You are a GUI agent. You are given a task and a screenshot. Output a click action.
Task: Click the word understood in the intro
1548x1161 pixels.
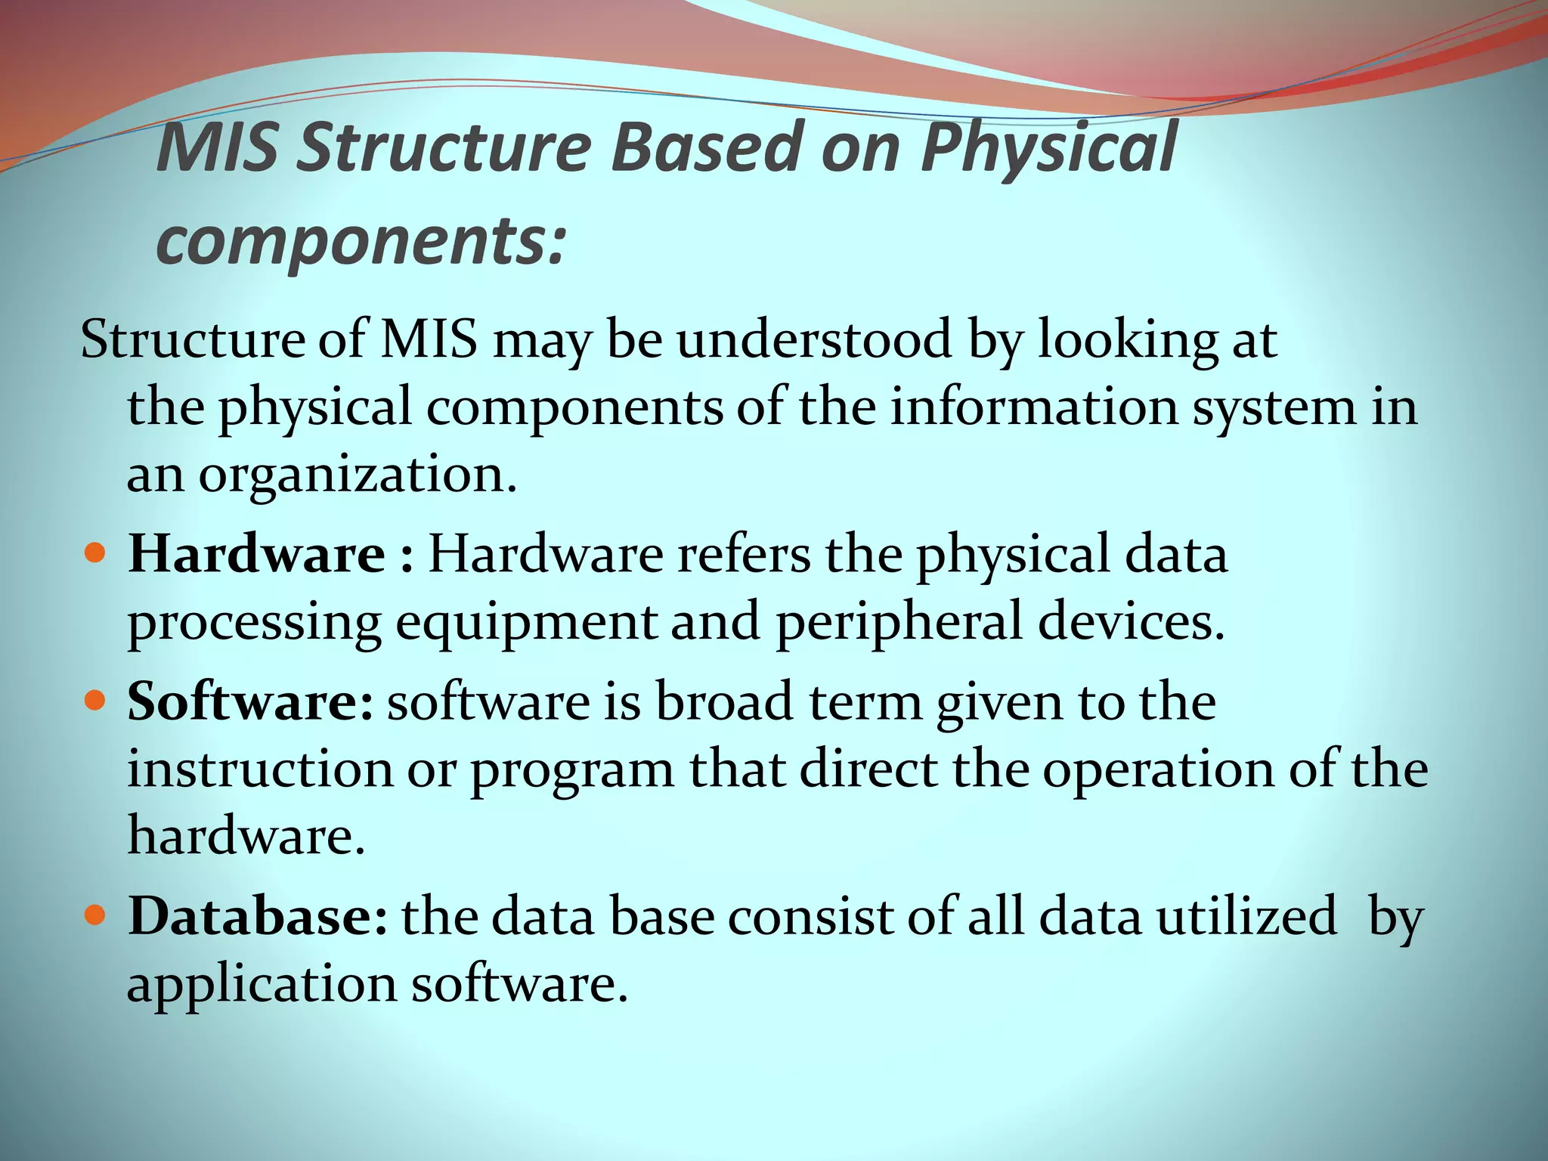[813, 340]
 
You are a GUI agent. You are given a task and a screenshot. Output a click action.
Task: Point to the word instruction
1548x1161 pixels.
[260, 769]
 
